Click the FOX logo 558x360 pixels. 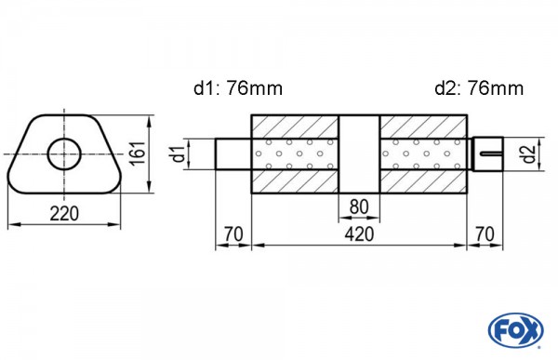click(515, 329)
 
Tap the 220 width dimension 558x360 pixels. click(64, 214)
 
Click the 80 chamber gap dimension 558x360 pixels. click(359, 207)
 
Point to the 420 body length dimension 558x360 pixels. click(359, 234)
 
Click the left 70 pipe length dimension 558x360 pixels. click(233, 234)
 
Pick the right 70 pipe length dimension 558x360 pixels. click(485, 234)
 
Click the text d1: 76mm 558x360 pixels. click(238, 88)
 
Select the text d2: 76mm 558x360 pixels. click(479, 88)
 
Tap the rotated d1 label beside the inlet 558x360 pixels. click(179, 153)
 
